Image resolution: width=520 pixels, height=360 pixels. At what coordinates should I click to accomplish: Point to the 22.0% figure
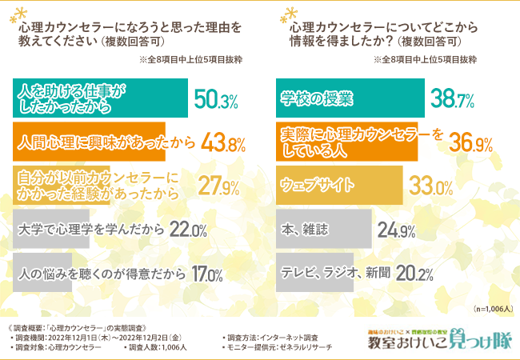click(190, 230)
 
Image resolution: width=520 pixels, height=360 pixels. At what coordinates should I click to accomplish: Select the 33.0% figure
click(432, 187)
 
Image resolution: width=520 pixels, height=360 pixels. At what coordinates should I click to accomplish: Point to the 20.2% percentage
click(414, 274)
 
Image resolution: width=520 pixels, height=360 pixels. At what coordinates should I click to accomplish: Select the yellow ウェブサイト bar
click(339, 185)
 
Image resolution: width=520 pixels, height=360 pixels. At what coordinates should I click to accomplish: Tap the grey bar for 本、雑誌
click(323, 230)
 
